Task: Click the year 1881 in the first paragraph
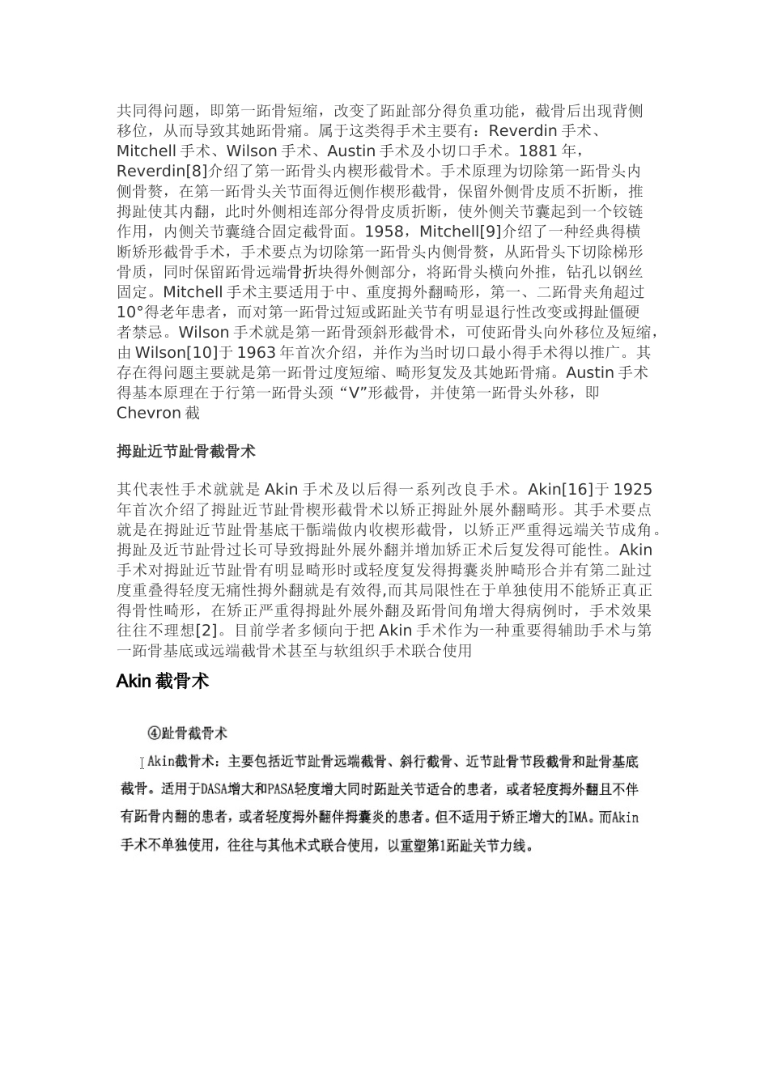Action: (537, 151)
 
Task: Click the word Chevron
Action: (149, 414)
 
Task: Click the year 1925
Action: (633, 490)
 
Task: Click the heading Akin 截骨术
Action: (163, 682)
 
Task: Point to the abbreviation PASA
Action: (283, 789)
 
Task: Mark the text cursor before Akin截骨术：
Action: (142, 762)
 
